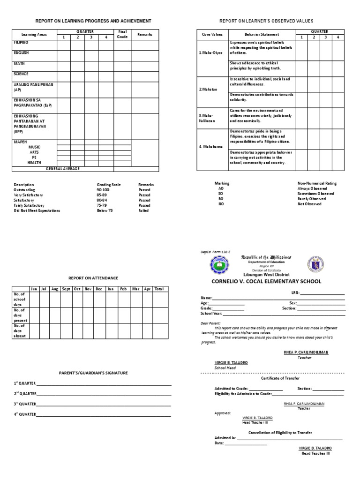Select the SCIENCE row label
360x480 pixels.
[x=21, y=74]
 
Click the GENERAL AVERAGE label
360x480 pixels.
[x=62, y=168]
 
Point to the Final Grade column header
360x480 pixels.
[x=122, y=34]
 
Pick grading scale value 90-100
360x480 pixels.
[x=103, y=190]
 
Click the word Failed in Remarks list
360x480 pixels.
[x=143, y=211]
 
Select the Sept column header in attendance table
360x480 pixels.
[x=66, y=289]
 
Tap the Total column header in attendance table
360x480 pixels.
[x=159, y=289]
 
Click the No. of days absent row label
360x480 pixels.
[x=20, y=331]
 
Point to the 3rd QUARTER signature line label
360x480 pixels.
[x=25, y=404]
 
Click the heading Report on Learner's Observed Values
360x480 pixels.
[x=267, y=21]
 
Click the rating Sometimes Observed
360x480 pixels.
[x=316, y=194]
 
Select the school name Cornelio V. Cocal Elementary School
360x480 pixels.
[x=267, y=281]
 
